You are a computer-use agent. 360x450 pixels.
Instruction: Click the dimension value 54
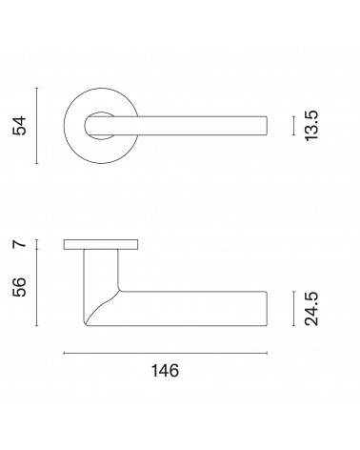(x=19, y=126)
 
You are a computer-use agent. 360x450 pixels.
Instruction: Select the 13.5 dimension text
(x=311, y=126)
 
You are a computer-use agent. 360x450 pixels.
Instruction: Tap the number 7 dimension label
(x=19, y=244)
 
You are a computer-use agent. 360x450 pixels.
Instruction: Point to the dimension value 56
(x=19, y=287)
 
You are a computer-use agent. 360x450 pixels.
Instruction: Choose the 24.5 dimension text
(x=311, y=309)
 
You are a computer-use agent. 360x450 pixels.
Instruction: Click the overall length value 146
(x=165, y=371)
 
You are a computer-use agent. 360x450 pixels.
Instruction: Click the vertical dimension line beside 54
(x=37, y=126)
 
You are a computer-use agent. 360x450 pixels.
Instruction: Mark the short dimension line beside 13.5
(x=294, y=126)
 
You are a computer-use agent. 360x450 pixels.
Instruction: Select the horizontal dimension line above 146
(x=166, y=353)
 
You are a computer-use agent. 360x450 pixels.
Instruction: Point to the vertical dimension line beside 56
(x=37, y=287)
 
